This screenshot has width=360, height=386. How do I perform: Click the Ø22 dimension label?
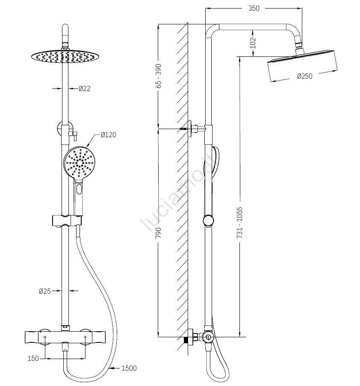pyautogui.click(x=85, y=88)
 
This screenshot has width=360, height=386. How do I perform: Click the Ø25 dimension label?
pyautogui.click(x=45, y=291)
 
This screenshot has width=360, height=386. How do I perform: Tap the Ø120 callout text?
pyautogui.click(x=109, y=135)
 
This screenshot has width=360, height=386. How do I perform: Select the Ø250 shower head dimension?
pyautogui.click(x=305, y=76)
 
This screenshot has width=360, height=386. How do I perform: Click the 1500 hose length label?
pyautogui.click(x=129, y=368)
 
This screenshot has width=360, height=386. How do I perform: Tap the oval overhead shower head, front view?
pyautogui.click(x=64, y=56)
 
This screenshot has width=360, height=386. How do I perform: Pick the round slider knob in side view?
pyautogui.click(x=208, y=221)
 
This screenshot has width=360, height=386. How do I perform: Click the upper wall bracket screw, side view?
pyautogui.click(x=185, y=128)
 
